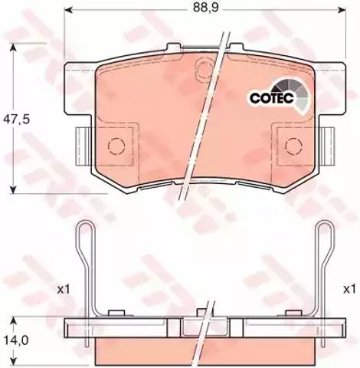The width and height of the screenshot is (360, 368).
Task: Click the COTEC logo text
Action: coord(272,98)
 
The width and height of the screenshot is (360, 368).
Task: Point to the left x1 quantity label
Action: coord(63,290)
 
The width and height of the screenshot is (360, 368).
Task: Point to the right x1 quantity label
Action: coord(349,290)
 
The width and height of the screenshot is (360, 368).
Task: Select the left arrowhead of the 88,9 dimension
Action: coord(67,10)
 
